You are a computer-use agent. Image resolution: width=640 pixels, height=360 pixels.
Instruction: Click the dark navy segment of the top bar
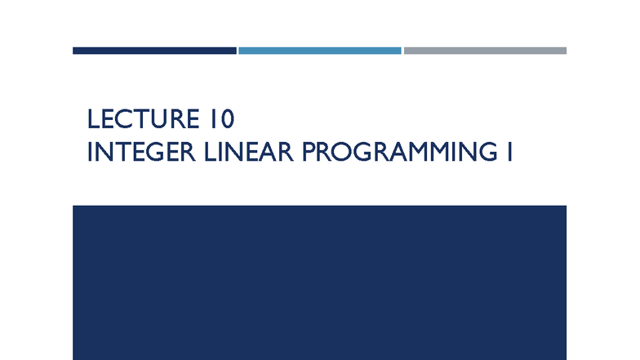click(154, 51)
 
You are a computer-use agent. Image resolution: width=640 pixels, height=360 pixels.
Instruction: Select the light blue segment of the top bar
click(320, 51)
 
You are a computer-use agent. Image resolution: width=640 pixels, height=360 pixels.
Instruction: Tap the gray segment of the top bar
click(485, 51)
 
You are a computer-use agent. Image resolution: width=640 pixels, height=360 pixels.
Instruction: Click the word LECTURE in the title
click(139, 121)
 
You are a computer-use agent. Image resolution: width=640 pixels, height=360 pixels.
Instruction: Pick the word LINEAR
click(247, 153)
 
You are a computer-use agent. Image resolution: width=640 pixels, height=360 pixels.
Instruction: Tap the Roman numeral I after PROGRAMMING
click(509, 153)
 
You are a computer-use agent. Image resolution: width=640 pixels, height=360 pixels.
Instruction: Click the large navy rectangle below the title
click(320, 282)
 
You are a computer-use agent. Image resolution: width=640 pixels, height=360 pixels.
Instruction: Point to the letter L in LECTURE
click(93, 121)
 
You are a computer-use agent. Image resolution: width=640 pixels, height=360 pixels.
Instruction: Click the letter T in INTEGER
click(124, 153)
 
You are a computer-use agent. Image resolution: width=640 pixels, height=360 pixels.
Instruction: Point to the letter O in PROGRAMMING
click(346, 153)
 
